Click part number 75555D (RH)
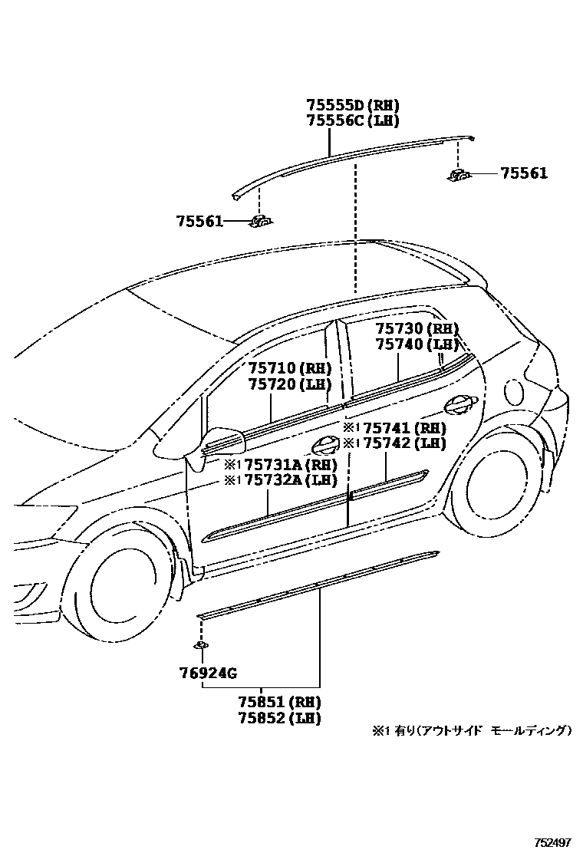[353, 105]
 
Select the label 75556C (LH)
[353, 120]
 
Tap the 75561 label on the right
[524, 173]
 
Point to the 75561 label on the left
[199, 222]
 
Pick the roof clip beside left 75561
[261, 222]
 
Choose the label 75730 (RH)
[417, 329]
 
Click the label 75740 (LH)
[417, 344]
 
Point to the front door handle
[327, 443]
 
